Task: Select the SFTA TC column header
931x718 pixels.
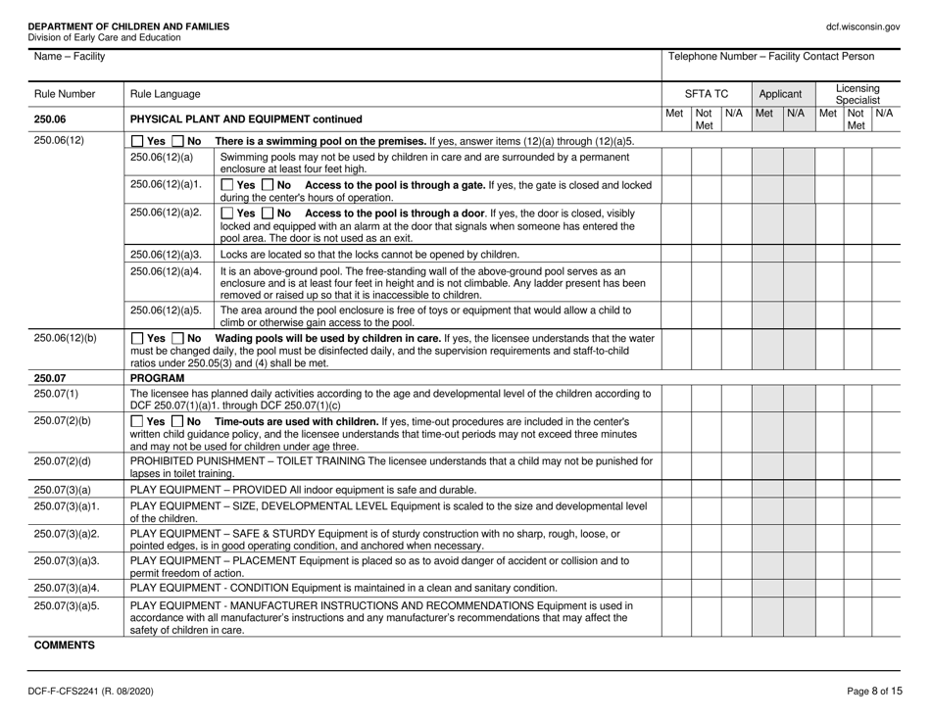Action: [x=705, y=95]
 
